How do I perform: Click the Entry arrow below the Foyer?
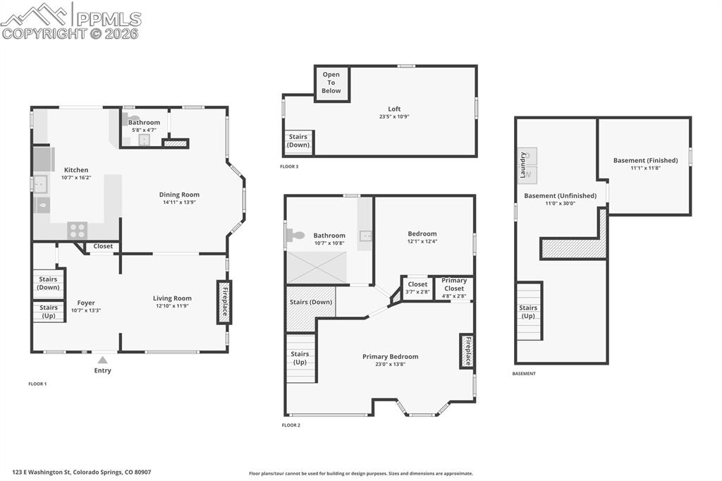(103, 360)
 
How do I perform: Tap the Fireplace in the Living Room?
(224, 302)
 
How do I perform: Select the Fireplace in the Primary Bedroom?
(466, 351)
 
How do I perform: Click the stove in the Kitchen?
(77, 230)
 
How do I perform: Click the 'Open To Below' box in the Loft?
(331, 83)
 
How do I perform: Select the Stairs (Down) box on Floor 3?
(298, 141)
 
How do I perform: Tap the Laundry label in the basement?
(523, 166)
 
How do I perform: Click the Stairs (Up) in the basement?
(528, 312)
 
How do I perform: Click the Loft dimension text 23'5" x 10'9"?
(394, 117)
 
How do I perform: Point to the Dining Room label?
(179, 195)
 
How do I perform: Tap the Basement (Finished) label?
(645, 160)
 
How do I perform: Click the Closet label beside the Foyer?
(103, 247)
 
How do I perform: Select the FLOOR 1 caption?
(37, 384)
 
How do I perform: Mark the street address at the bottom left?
(82, 473)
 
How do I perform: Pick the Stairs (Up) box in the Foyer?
(49, 311)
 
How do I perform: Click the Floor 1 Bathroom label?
(144, 122)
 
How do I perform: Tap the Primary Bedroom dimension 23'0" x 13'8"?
(390, 365)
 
